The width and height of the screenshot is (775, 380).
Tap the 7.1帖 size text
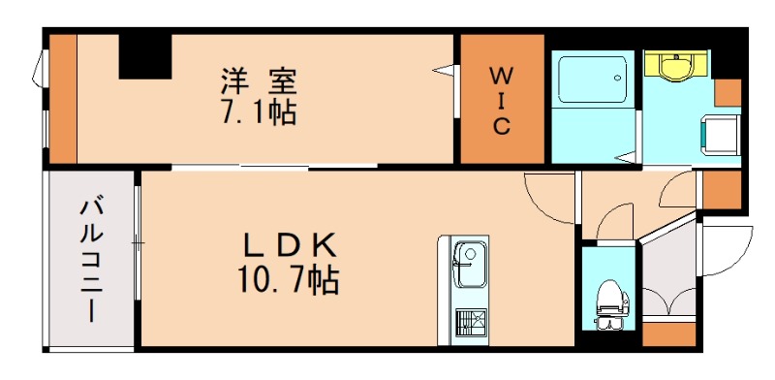point(257,112)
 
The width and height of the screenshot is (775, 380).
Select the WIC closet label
point(500,99)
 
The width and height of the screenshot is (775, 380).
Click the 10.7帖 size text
point(287,281)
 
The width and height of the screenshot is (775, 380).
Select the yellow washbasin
point(677,66)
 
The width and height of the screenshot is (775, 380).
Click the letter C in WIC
point(500,126)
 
